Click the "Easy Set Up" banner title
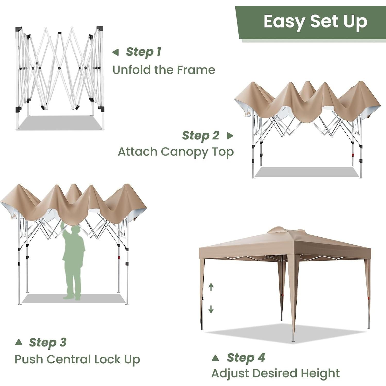[315, 22]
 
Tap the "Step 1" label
[143, 52]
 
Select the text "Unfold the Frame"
[164, 70]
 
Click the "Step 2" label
[201, 136]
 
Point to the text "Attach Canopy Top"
[176, 152]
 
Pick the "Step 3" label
[48, 342]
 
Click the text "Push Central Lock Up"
[77, 359]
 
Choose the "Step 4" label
[246, 358]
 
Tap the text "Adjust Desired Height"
[275, 373]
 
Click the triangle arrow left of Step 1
[116, 52]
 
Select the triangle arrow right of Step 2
[230, 136]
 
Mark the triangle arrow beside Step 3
[19, 342]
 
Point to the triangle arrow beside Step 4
[215, 358]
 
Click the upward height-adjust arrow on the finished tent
[211, 287]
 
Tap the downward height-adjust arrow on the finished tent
[211, 309]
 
